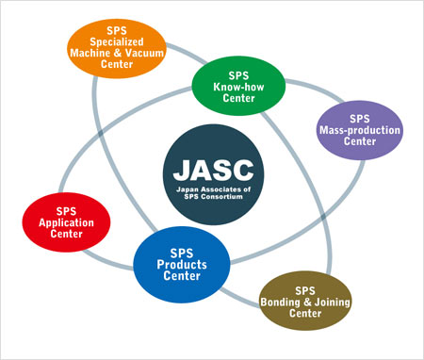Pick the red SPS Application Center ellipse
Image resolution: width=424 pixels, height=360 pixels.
pyautogui.click(x=66, y=222)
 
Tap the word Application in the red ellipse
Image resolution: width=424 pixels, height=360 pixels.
pyautogui.click(x=66, y=222)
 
